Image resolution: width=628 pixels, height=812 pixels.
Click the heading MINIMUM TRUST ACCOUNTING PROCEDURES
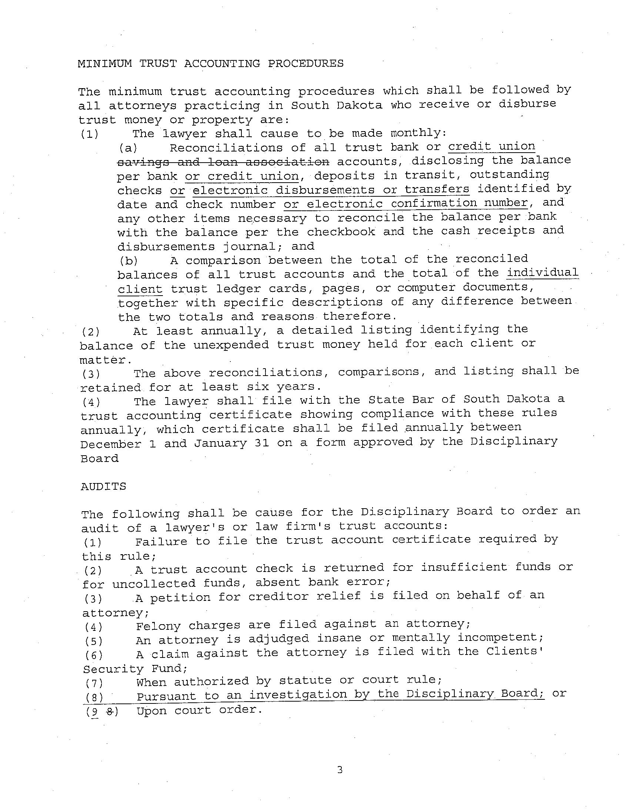tap(210, 64)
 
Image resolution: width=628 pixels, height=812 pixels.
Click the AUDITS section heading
tap(103, 487)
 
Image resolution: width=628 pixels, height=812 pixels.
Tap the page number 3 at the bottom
tap(340, 770)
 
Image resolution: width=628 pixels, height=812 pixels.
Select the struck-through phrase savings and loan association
tap(223, 162)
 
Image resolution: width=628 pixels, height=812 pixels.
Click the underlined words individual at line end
tap(542, 273)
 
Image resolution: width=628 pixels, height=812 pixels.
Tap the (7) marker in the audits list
tap(94, 683)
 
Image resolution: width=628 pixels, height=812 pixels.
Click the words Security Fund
tap(135, 669)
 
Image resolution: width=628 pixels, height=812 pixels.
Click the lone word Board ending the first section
tap(99, 459)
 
